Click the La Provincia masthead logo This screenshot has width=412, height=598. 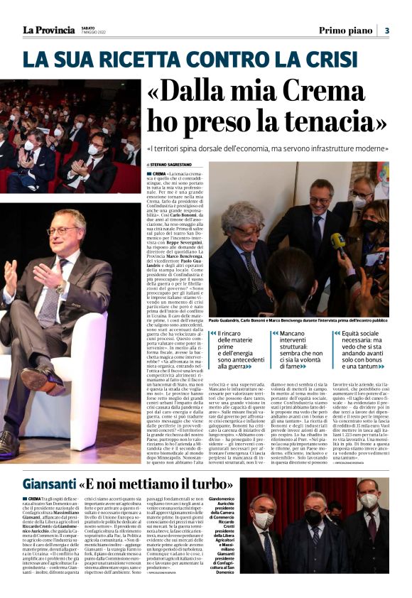pyautogui.click(x=48, y=29)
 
